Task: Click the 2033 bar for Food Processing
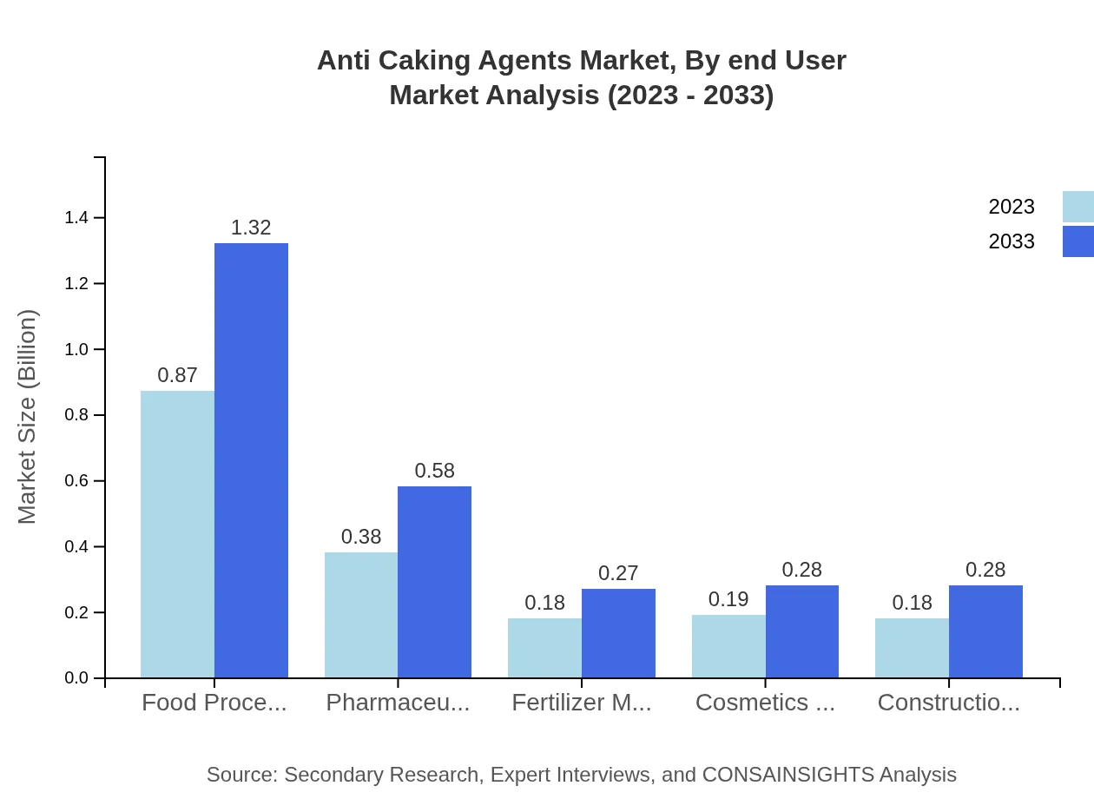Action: (251, 460)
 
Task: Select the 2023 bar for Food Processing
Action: (177, 534)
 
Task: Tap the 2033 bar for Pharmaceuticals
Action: (434, 582)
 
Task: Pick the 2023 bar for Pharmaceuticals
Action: (361, 615)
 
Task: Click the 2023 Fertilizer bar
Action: (544, 648)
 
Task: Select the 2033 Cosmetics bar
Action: (802, 631)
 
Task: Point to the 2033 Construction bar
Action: (985, 631)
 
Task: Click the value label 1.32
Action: (251, 228)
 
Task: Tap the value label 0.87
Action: (177, 375)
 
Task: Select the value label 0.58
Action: (434, 471)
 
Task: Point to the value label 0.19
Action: (728, 599)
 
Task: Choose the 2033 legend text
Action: (1012, 241)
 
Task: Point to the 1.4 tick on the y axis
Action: (76, 217)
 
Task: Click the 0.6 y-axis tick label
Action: (76, 481)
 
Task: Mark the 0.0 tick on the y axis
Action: (76, 678)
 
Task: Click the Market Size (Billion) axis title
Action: (28, 417)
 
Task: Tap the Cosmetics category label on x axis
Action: (765, 703)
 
